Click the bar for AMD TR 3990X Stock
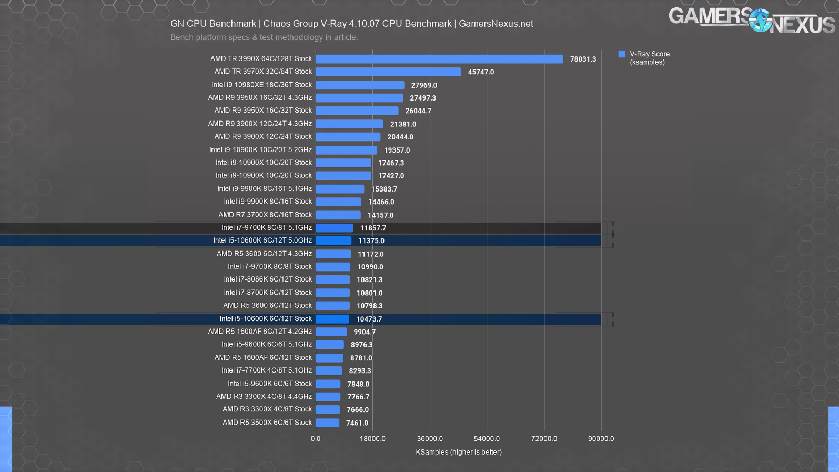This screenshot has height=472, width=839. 439,59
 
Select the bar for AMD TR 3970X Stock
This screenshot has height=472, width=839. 388,72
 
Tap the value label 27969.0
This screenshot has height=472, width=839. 424,85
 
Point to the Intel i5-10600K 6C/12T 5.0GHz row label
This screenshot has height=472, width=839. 262,240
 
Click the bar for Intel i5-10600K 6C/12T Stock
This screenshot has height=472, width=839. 332,319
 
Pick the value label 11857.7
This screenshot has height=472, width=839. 373,228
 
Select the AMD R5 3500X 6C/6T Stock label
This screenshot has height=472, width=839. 267,423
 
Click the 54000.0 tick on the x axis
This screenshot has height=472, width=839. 487,439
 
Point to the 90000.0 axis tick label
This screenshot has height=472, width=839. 601,439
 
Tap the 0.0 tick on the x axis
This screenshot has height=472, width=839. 316,439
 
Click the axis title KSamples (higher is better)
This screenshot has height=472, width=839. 459,452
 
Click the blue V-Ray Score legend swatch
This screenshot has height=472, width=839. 622,54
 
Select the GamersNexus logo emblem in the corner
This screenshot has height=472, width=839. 760,21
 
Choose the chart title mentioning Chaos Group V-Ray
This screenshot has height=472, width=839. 351,24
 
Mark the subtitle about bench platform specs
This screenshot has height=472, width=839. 264,37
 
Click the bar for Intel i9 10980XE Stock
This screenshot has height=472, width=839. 360,85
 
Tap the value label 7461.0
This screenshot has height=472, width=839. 357,423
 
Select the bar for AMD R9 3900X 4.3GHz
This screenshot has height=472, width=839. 349,124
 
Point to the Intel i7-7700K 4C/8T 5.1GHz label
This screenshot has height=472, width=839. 266,370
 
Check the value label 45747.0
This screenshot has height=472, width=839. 481,72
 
